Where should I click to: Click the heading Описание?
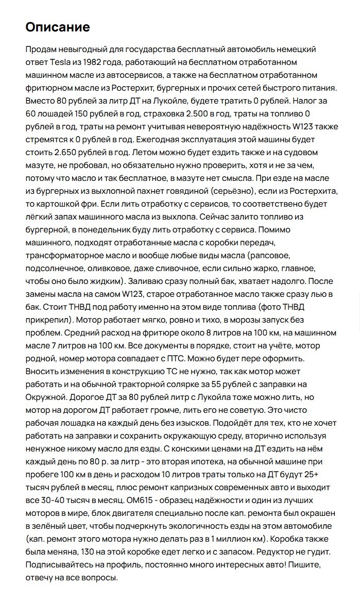point(58,27)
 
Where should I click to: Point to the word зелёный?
point(52,526)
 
